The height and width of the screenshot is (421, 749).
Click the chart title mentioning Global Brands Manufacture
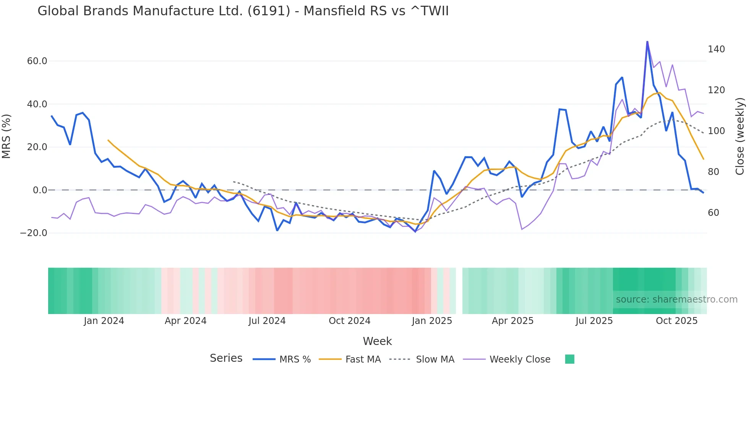(243, 11)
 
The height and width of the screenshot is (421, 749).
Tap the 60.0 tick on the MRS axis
(37, 61)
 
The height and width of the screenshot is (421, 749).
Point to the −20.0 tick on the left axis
(34, 233)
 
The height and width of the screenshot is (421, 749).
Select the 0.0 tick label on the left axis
(40, 190)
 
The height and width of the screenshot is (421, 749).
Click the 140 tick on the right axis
(716, 49)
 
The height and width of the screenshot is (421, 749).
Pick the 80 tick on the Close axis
(713, 172)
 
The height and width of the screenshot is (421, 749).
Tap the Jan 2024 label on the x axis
(104, 321)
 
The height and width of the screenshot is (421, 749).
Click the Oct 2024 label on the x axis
(349, 321)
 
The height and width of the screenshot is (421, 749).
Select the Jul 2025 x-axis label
(594, 321)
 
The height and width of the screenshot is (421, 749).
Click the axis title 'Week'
(377, 341)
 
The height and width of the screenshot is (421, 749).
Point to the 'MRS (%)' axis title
(6, 136)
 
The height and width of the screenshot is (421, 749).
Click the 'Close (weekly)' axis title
(740, 136)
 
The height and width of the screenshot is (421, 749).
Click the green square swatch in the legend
(569, 359)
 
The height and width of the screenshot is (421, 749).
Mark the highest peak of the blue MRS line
(647, 42)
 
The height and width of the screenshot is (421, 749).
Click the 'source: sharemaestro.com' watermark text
(676, 300)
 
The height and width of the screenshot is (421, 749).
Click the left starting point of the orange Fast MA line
(108, 140)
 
